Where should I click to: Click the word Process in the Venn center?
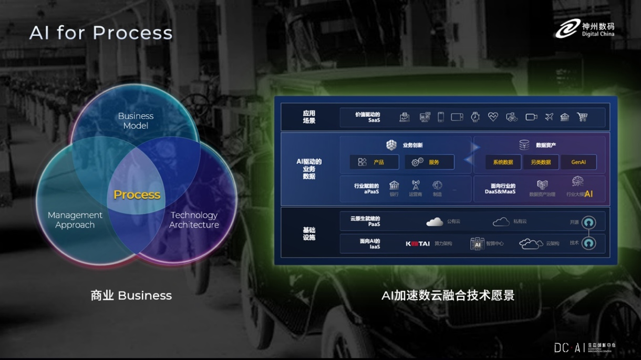coord(137,195)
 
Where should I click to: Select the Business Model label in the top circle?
coord(136,121)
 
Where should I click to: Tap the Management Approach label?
coord(75,220)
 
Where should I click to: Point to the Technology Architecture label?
coord(194,220)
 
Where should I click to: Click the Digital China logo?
coord(584,29)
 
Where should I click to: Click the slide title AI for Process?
coord(101,33)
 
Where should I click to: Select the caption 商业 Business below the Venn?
coord(131,296)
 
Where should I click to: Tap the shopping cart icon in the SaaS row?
coord(582,117)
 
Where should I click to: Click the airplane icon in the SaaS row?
coord(549,117)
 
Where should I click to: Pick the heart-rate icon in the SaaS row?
coord(493,117)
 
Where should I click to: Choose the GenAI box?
coord(578,162)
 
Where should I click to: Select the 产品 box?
coord(374,162)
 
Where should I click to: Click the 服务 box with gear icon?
coord(429,162)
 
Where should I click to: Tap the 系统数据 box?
coord(503,162)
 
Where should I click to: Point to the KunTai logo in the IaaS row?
coord(418,244)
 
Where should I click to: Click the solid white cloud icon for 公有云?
coord(435,222)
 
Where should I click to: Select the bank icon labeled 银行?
coord(394,186)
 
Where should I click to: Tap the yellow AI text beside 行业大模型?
coord(588,194)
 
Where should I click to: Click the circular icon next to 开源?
coord(588,222)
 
